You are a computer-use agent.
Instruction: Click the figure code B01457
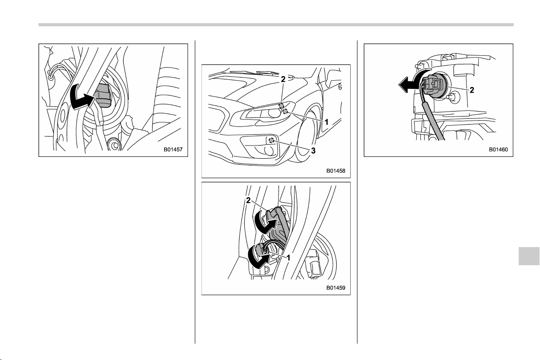point(173,150)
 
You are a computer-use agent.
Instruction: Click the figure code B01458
point(336,170)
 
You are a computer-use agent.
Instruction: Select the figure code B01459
point(336,287)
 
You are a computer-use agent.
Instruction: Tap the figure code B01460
point(498,150)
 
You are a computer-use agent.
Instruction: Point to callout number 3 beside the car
point(313,151)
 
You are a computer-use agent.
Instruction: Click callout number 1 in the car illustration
point(326,122)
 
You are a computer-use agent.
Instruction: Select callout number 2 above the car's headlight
point(283,79)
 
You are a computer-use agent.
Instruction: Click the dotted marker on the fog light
point(271,140)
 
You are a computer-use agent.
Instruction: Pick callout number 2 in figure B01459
point(248,200)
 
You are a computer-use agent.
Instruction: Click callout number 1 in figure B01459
point(289,258)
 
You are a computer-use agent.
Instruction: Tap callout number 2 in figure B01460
point(472,90)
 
